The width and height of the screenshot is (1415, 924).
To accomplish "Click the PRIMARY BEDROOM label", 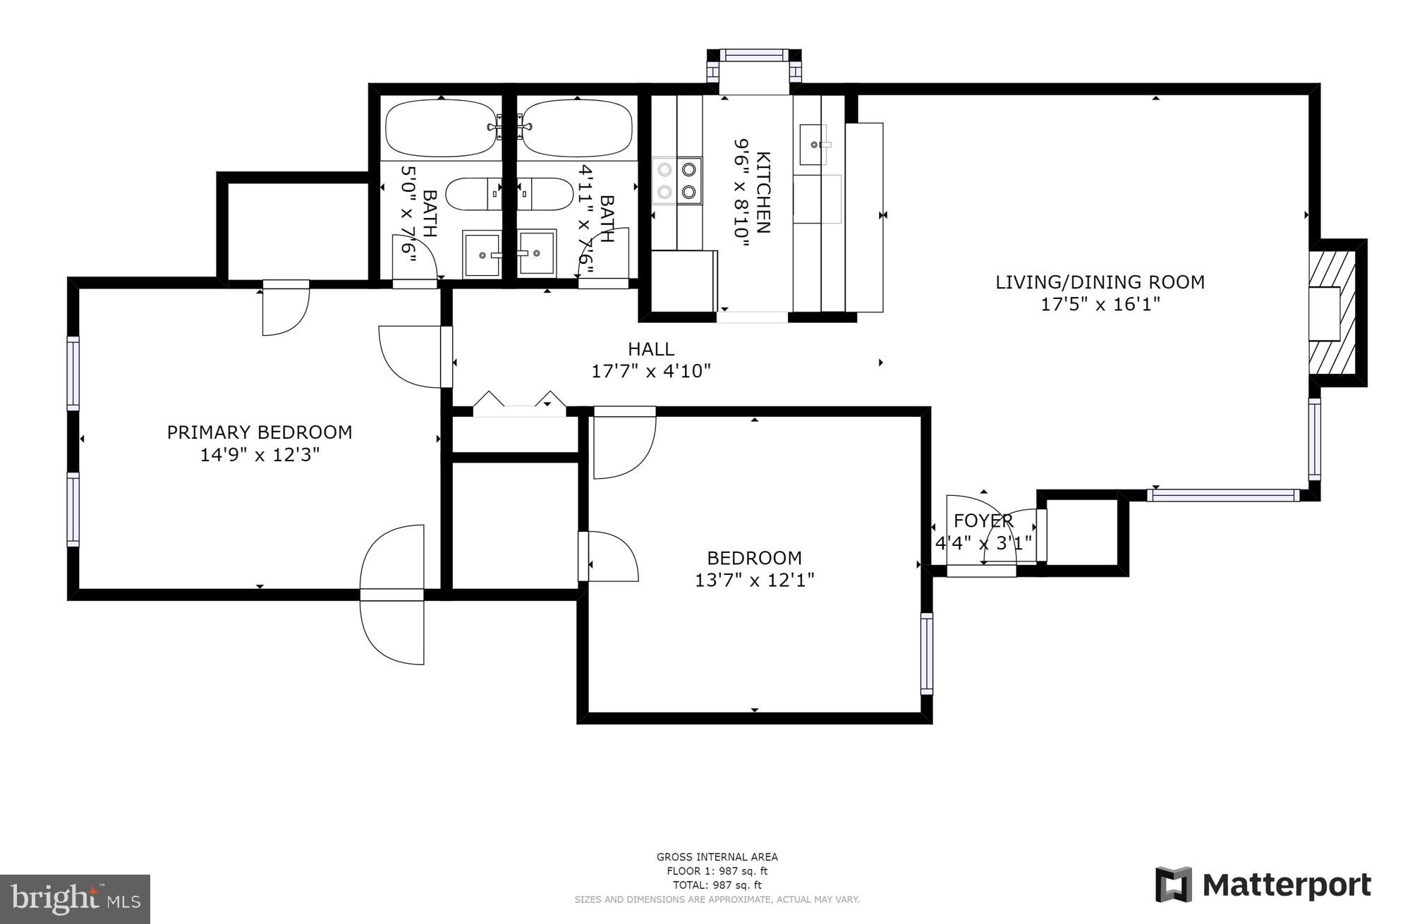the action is click(260, 432).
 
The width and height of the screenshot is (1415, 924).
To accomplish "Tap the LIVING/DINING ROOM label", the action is click(1100, 282).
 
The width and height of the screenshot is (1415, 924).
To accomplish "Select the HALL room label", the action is click(651, 348).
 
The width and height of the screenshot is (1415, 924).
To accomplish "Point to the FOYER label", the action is click(983, 521).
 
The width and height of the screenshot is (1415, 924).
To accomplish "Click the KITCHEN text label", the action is click(763, 192).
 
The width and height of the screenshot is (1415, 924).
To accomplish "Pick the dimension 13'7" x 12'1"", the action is click(755, 580).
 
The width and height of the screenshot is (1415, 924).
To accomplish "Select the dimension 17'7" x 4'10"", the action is click(651, 371).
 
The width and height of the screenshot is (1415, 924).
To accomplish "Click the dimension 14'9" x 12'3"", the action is click(260, 454).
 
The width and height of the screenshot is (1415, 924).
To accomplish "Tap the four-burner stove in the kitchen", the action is click(677, 181).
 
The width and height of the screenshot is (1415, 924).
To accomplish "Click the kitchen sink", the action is click(813, 145).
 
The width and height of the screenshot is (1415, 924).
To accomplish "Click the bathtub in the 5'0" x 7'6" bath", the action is click(441, 128).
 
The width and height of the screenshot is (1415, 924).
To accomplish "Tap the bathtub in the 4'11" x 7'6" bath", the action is click(577, 128).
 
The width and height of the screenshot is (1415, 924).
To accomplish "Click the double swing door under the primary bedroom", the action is click(392, 595).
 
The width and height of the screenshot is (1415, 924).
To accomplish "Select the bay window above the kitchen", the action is click(754, 70).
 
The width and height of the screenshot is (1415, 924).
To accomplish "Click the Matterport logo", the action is click(1263, 884).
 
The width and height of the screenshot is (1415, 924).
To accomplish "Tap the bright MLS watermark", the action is click(75, 899).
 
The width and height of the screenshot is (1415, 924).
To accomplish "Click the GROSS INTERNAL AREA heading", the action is click(717, 857).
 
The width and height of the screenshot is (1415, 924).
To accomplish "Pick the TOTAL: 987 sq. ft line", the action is click(717, 885).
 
